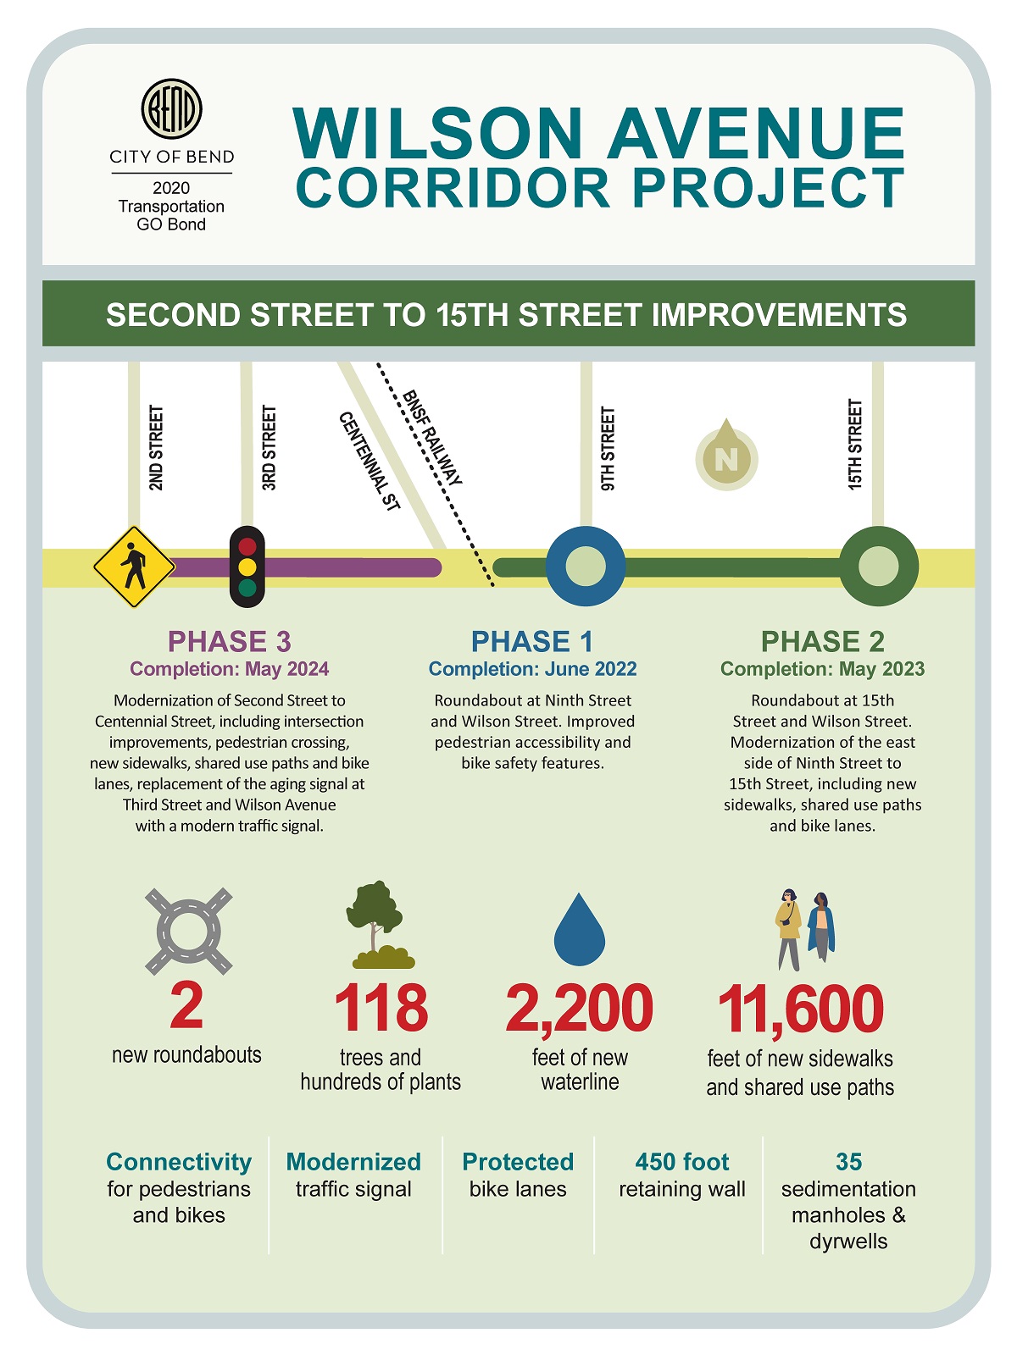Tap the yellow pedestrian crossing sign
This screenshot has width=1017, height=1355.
[134, 567]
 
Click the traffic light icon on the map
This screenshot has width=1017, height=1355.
[247, 567]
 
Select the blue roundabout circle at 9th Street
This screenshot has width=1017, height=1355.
[585, 567]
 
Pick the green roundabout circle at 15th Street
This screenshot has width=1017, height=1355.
[878, 567]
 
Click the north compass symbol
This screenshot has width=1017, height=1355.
[726, 457]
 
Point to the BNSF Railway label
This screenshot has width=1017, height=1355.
[433, 438]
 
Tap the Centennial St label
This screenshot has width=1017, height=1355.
[369, 461]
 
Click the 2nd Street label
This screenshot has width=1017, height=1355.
[156, 448]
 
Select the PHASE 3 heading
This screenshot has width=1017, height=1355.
[229, 641]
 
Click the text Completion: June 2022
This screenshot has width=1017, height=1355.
[532, 669]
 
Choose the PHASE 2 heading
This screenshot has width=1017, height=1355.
[822, 641]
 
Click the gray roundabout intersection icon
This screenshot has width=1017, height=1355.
[188, 931]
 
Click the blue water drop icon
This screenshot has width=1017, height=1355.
[580, 929]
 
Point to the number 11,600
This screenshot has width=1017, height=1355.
[800, 1009]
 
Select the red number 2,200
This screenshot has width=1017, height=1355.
[580, 1009]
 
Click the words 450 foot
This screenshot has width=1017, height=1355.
[682, 1162]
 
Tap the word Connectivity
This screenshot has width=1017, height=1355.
[179, 1162]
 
